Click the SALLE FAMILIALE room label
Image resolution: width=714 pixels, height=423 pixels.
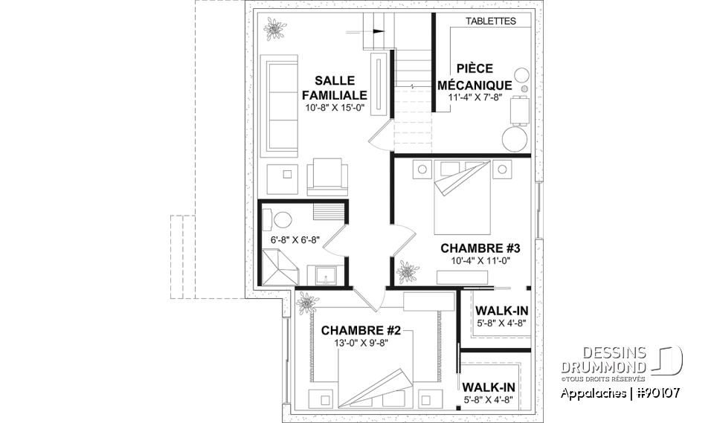335,88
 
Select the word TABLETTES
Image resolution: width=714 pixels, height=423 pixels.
491,22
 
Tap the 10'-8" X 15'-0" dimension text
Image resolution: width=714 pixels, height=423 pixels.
335,108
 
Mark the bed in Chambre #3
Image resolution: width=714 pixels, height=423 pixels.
463,193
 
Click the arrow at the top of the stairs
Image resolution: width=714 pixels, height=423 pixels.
379,32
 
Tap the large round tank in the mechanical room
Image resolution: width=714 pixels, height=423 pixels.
514,138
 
